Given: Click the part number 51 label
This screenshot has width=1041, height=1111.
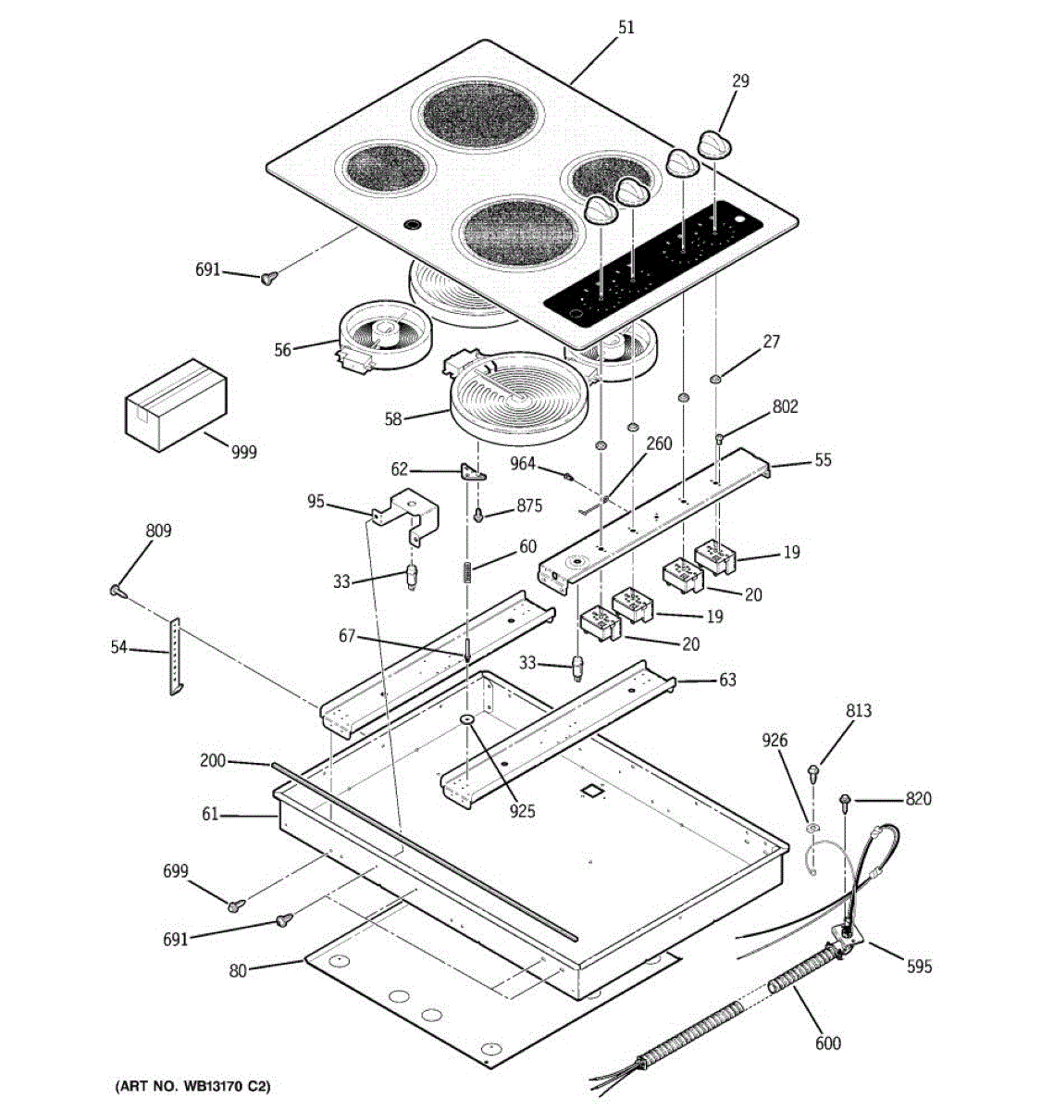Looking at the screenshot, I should (x=626, y=28).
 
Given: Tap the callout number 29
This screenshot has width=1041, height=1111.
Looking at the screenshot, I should (x=740, y=81).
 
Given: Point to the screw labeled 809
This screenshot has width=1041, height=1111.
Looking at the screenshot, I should (x=118, y=589).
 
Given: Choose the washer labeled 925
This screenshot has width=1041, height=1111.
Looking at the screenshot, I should (x=466, y=720).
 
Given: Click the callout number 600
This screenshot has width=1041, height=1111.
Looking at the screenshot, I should (x=828, y=1043).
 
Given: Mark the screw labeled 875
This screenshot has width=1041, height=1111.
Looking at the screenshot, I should (x=479, y=514).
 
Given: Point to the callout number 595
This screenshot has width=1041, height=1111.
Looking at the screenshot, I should (x=919, y=967).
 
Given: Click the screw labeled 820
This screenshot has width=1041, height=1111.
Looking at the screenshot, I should (x=845, y=799).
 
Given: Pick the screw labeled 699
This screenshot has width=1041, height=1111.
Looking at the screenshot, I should (x=236, y=903).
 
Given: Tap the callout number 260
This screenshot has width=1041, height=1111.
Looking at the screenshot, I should (x=659, y=444).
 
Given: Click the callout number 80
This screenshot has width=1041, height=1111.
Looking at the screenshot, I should (x=239, y=971).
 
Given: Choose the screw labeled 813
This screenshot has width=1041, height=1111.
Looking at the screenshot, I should (x=814, y=769).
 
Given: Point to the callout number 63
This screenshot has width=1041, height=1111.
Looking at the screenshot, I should (x=727, y=680).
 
